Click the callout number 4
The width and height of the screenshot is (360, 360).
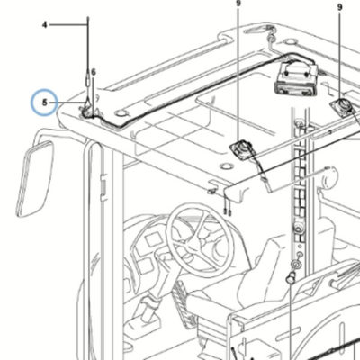[45, 25]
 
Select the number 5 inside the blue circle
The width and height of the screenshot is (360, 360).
[45, 103]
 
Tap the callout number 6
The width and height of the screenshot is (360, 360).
[94, 72]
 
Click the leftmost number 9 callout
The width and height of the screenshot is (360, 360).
[238, 3]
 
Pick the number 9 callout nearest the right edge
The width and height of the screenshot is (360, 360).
[339, 7]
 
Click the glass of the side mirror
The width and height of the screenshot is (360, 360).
[34, 179]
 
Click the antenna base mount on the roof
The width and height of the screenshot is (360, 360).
[88, 112]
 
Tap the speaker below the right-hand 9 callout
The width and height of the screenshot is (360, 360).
[343, 105]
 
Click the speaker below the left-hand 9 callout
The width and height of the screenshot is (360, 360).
[242, 148]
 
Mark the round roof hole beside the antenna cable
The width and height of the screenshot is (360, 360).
[121, 113]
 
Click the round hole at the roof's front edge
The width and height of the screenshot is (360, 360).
[226, 166]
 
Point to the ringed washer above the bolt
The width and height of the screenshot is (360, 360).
[295, 265]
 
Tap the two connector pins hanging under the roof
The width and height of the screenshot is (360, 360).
[228, 212]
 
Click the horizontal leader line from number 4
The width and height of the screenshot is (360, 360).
[68, 25]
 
